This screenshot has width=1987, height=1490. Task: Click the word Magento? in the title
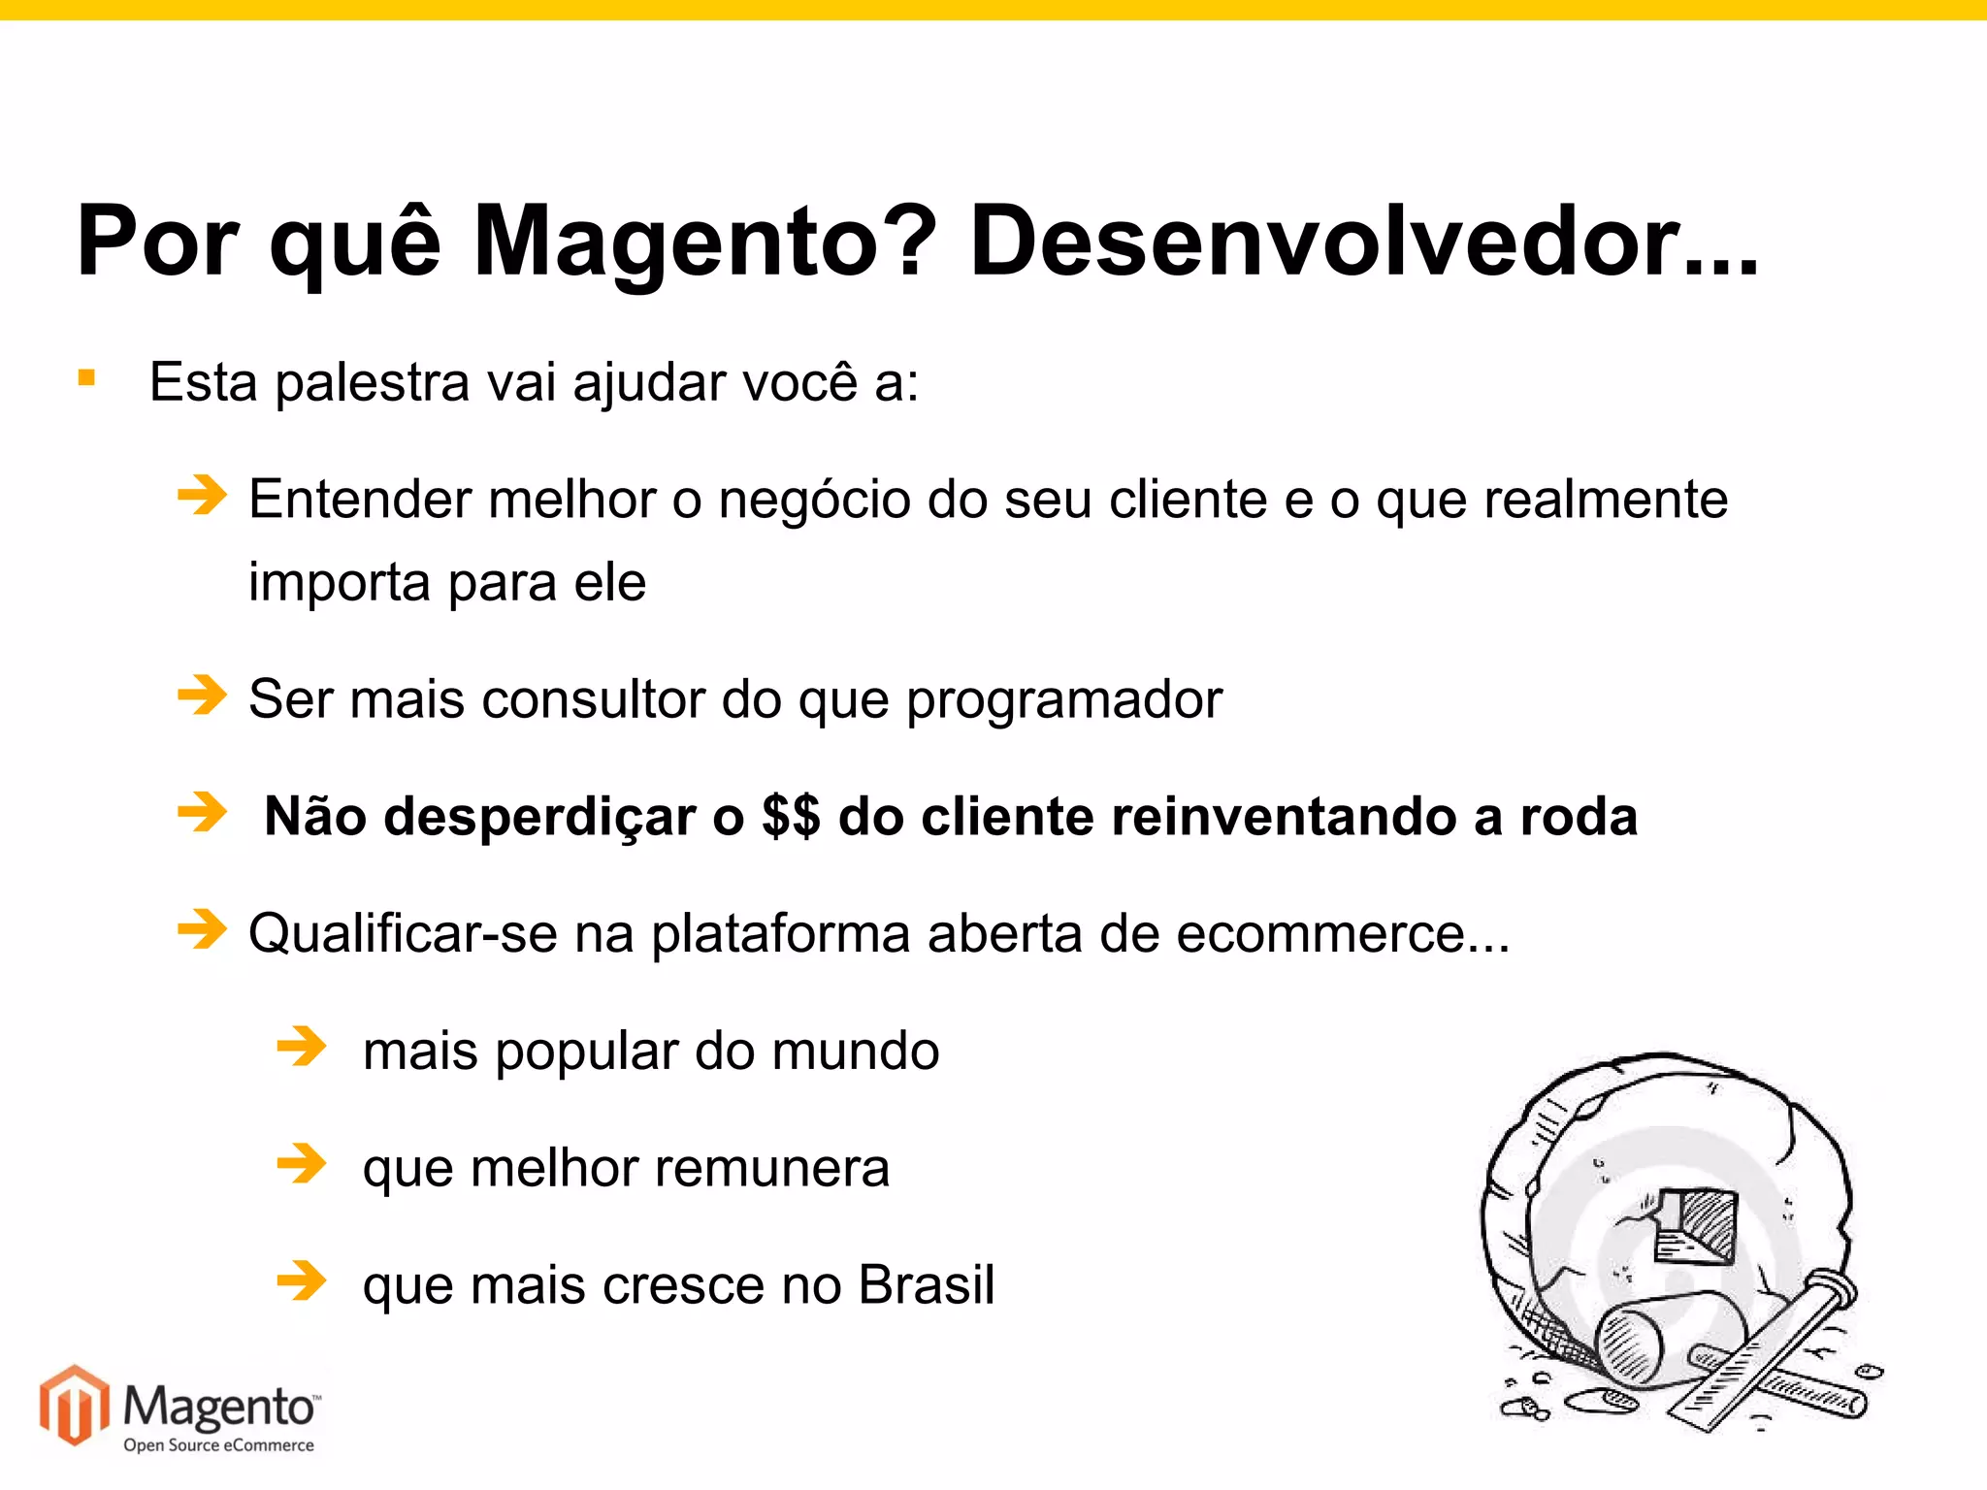(x=704, y=243)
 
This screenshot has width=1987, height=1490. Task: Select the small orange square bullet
(x=87, y=377)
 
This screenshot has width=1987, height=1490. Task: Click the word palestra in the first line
(x=373, y=382)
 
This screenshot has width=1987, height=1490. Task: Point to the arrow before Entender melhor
(x=202, y=496)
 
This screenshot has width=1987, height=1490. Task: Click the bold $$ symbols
(x=791, y=817)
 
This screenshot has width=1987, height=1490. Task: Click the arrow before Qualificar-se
(x=202, y=929)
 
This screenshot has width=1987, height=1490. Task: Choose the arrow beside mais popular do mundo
(x=302, y=1047)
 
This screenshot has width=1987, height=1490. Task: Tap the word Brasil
(x=927, y=1285)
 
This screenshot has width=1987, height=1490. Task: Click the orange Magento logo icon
(x=74, y=1405)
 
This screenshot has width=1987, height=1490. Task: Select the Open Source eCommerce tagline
(x=218, y=1445)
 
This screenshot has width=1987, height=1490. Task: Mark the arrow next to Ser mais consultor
(x=202, y=695)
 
